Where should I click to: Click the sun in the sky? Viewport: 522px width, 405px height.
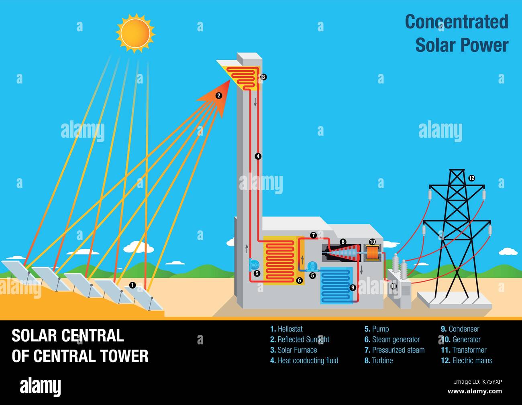tap(135, 33)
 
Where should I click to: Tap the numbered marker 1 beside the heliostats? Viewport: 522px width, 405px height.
tap(133, 285)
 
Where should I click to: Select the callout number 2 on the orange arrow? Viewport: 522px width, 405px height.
tap(219, 96)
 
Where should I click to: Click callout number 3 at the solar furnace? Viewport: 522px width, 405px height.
tap(263, 77)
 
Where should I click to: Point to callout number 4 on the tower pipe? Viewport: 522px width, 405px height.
tap(258, 157)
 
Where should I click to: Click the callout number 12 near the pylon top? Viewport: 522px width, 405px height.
tap(472, 178)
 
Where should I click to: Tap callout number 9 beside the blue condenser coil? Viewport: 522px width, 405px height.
tap(353, 287)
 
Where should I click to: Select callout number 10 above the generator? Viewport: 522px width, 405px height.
tap(372, 242)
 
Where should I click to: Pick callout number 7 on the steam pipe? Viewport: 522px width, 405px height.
tap(313, 235)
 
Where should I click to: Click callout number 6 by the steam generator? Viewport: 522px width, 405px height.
tap(299, 281)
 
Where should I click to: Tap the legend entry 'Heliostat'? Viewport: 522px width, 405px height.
tap(286, 329)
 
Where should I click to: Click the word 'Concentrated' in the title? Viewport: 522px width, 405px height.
tap(457, 22)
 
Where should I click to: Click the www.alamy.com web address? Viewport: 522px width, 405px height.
tap(475, 391)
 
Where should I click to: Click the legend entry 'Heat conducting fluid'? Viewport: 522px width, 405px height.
tap(304, 360)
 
